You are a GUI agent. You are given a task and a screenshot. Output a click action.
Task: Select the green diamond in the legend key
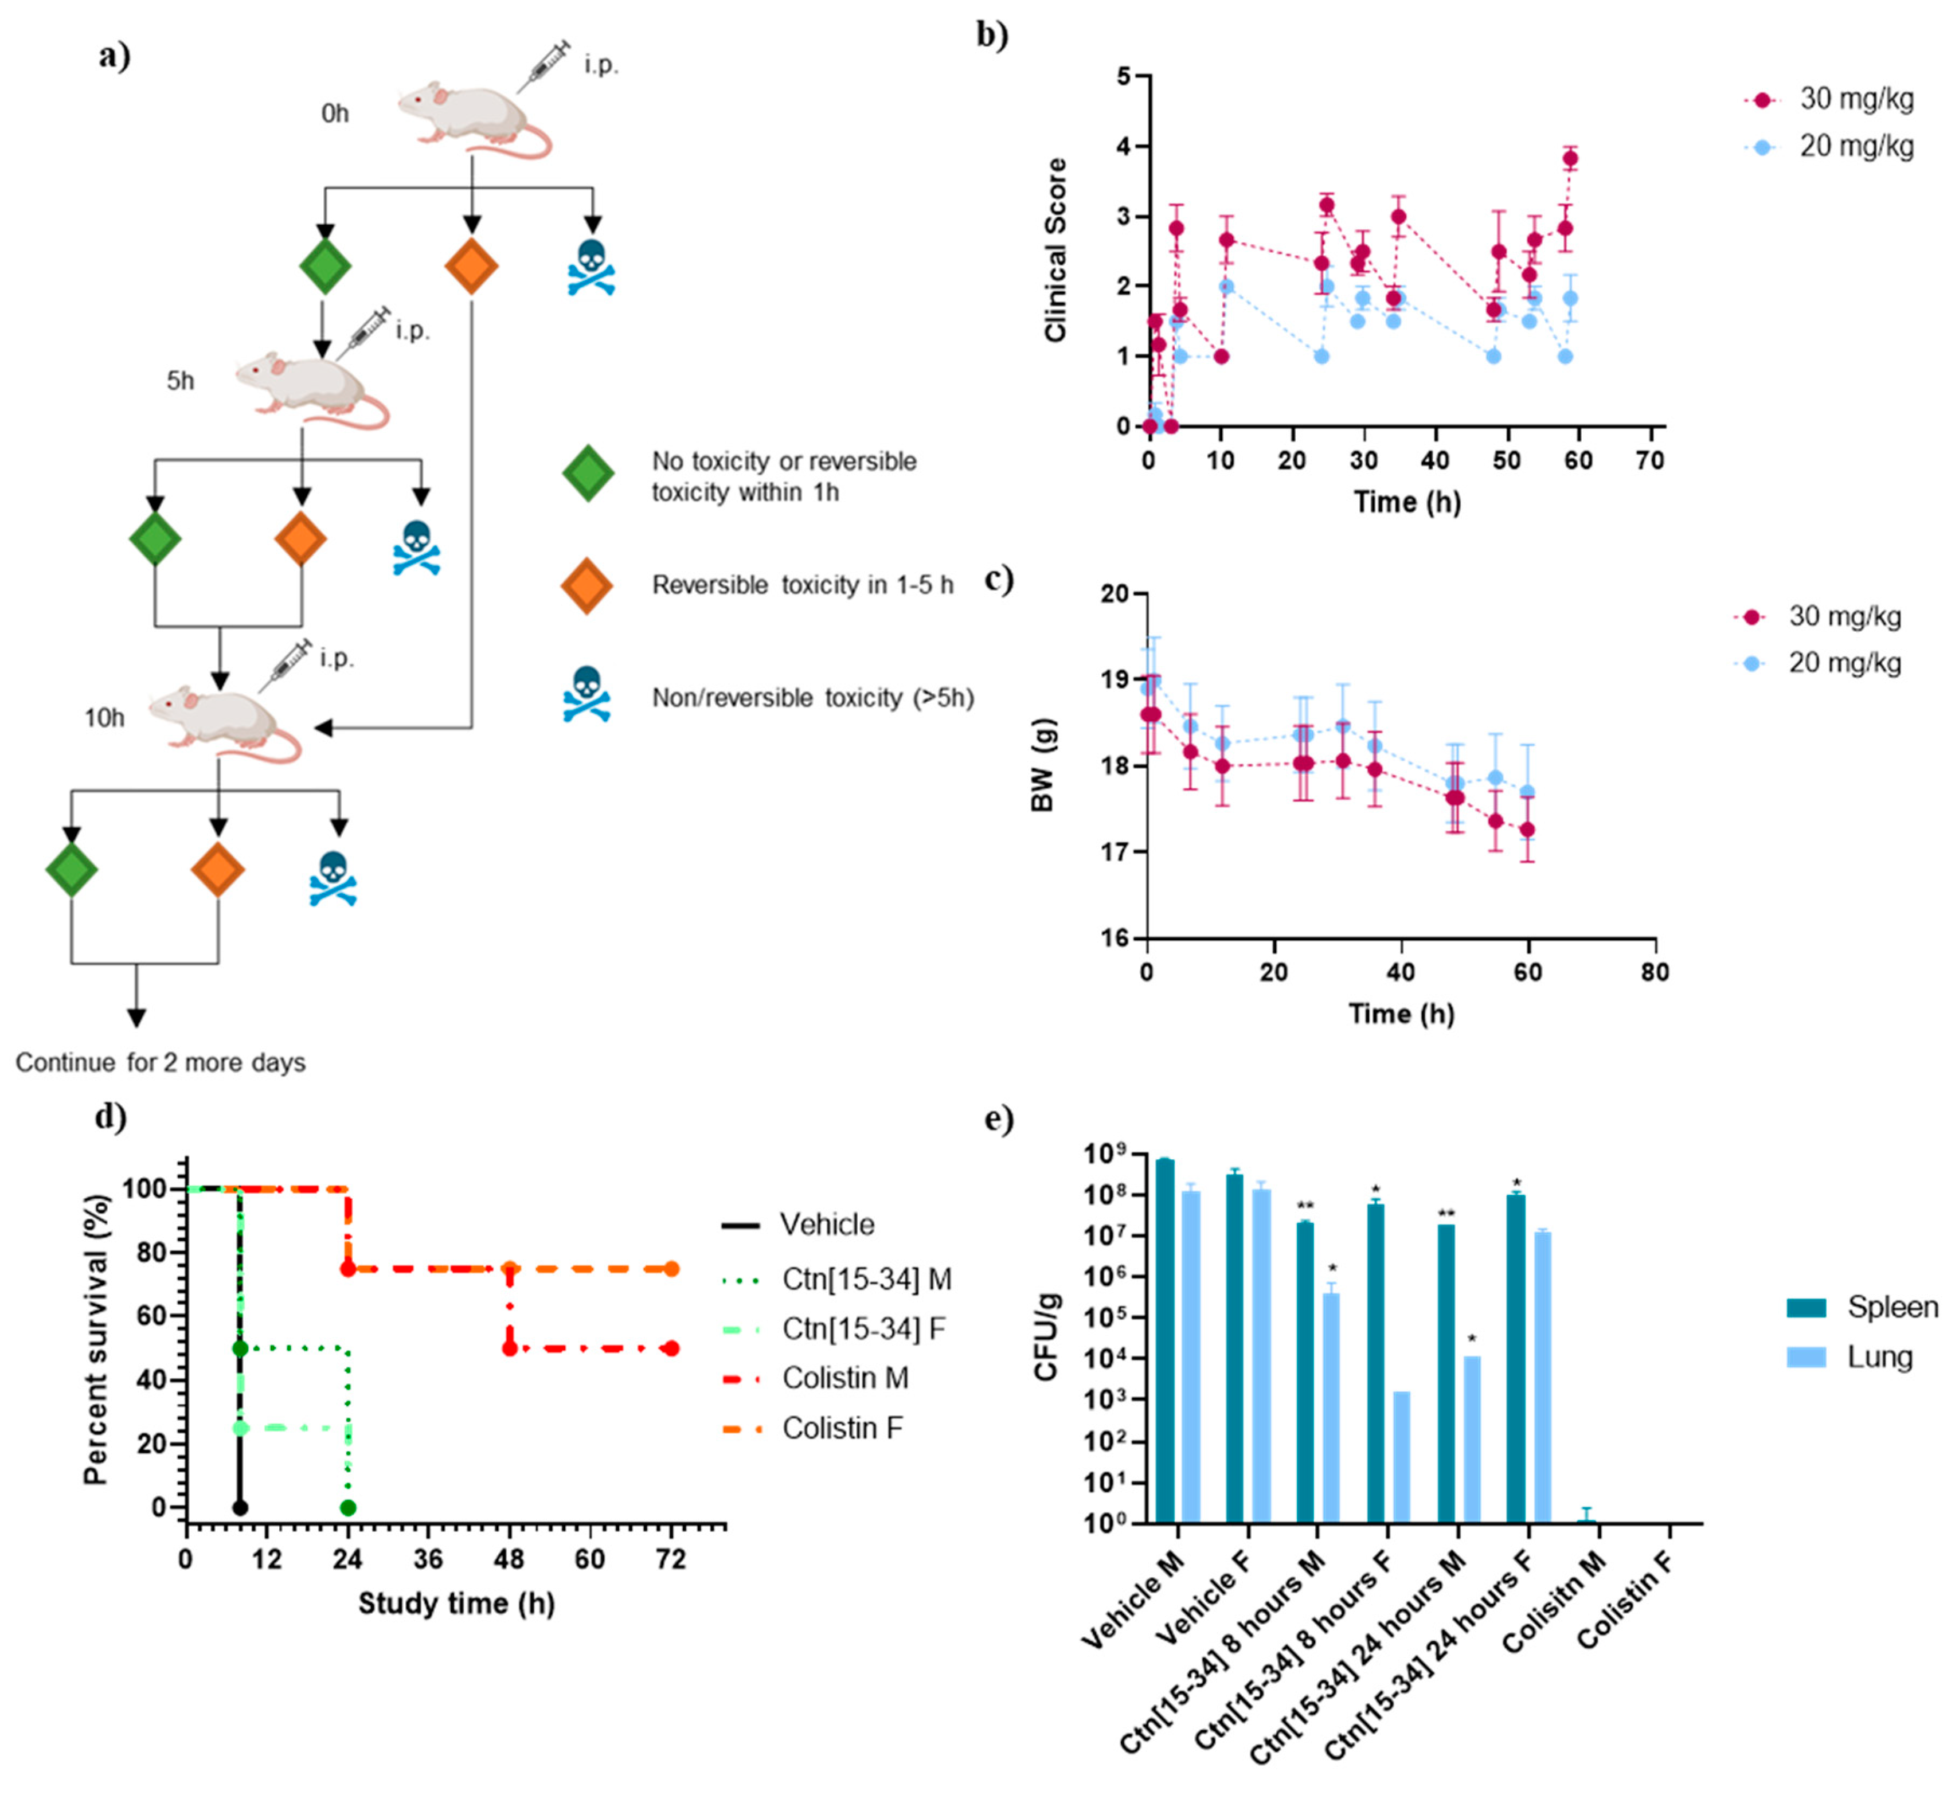[588, 474]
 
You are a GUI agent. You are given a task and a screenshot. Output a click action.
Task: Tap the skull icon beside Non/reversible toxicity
[586, 694]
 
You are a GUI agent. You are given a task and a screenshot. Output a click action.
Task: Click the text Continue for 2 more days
[161, 1063]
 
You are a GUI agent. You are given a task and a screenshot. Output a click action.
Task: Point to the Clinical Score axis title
[1055, 251]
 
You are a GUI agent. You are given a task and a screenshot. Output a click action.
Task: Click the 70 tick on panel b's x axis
[1649, 460]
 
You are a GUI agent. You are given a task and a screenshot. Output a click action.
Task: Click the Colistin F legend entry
[841, 1429]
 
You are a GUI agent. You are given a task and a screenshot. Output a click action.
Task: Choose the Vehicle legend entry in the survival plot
[826, 1225]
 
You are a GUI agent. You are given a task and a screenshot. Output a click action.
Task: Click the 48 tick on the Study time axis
[509, 1560]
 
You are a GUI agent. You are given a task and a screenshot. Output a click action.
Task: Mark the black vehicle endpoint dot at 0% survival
[240, 1507]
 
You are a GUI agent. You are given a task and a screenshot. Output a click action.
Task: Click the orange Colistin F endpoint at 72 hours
[671, 1269]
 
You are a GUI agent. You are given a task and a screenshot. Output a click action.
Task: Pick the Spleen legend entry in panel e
[1891, 1307]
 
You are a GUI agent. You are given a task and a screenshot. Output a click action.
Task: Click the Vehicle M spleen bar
[1164, 1340]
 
